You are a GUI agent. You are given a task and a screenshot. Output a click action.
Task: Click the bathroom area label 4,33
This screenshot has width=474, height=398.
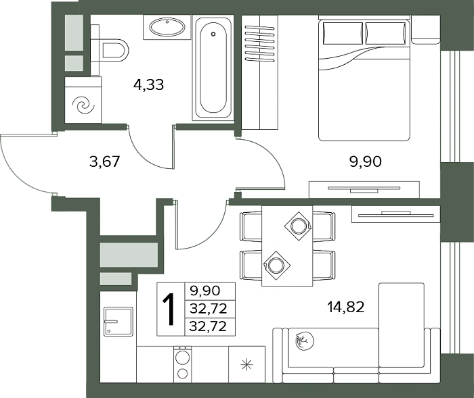[148, 84]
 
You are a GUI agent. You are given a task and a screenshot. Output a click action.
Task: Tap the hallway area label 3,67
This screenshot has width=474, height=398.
[105, 161]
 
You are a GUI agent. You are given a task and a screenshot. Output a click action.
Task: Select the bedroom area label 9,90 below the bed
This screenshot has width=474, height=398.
[365, 161]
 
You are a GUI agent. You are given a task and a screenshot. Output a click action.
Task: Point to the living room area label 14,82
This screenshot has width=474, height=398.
[346, 307]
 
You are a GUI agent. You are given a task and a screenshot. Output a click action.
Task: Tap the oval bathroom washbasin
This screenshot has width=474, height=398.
[167, 27]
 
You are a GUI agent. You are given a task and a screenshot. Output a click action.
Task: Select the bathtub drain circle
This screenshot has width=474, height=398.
[213, 34]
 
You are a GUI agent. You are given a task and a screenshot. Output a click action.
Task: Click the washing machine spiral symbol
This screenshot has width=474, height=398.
[83, 105]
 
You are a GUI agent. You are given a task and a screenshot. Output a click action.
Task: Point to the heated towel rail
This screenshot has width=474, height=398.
[259, 43]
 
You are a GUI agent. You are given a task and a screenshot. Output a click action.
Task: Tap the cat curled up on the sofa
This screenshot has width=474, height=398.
[304, 341]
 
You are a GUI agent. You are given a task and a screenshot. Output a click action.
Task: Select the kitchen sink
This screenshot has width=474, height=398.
[118, 322]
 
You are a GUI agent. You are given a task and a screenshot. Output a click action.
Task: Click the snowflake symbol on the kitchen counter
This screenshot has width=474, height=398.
[246, 364]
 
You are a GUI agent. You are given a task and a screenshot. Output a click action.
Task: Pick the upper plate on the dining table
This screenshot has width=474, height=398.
[298, 226]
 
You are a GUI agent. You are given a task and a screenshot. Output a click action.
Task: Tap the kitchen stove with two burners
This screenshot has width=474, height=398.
[183, 364]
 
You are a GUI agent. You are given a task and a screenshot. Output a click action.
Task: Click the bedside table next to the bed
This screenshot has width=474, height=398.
[426, 30]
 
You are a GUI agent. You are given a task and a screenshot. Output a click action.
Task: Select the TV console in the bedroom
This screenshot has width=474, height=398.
[364, 189]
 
